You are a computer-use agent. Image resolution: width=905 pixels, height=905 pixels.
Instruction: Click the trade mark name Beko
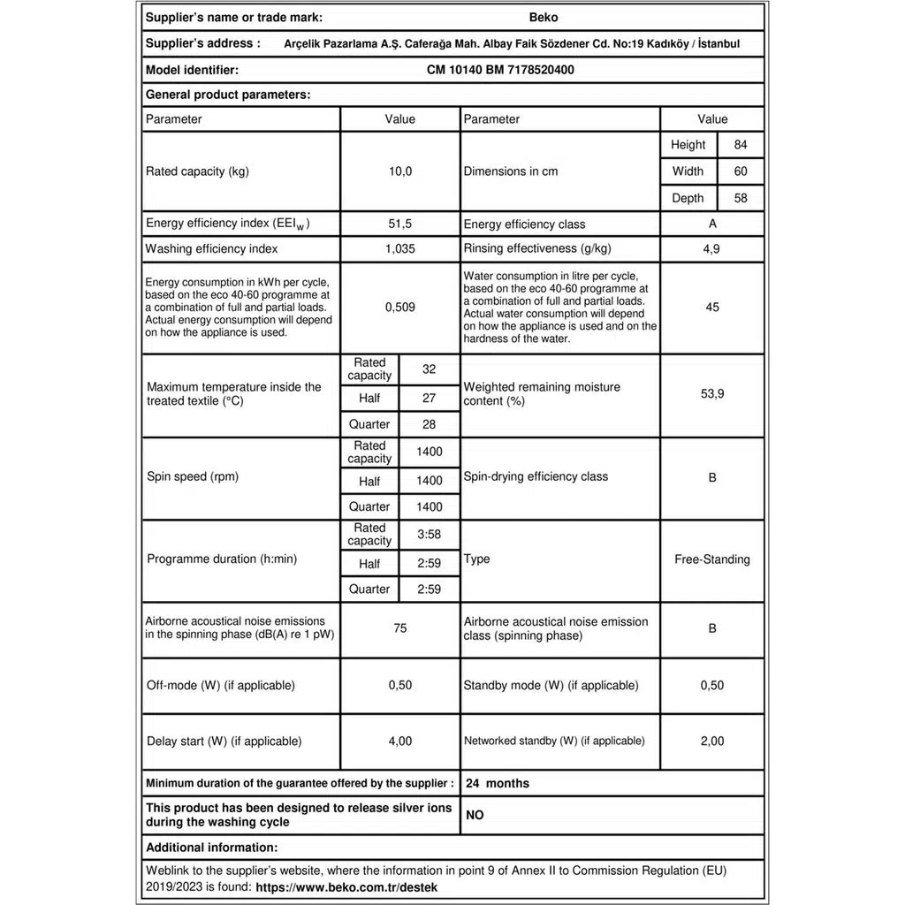click(543, 17)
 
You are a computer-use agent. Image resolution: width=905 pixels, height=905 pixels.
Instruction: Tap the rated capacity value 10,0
click(400, 171)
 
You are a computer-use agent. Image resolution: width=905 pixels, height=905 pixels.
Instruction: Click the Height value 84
click(741, 145)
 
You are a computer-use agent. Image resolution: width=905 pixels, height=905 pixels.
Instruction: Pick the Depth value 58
click(741, 198)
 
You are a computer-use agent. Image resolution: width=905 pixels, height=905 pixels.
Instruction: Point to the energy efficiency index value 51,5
click(400, 224)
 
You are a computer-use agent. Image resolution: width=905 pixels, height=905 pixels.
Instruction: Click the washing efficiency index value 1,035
click(400, 249)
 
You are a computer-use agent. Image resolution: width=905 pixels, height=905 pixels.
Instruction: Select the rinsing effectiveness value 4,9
click(711, 249)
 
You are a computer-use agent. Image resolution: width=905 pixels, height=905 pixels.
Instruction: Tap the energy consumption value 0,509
click(400, 308)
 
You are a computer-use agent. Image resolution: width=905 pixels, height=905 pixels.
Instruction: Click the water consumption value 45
click(712, 308)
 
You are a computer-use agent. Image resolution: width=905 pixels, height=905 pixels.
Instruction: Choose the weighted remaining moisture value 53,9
click(712, 394)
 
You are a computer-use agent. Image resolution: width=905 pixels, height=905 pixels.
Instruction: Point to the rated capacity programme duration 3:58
click(430, 535)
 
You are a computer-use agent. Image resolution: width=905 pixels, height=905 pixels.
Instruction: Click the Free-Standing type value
click(712, 559)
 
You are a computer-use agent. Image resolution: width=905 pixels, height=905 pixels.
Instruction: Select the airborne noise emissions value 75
click(400, 628)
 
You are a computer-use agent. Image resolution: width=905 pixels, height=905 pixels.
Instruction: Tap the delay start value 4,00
click(400, 741)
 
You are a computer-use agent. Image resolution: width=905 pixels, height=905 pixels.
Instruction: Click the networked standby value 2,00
click(712, 741)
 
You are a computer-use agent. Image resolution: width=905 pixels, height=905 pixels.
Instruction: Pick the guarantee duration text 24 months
click(498, 783)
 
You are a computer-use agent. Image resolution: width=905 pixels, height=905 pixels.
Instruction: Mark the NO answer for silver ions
click(475, 816)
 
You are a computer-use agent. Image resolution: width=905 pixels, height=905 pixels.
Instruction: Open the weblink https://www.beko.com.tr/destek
click(346, 886)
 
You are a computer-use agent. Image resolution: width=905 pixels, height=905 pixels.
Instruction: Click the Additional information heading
click(211, 848)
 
